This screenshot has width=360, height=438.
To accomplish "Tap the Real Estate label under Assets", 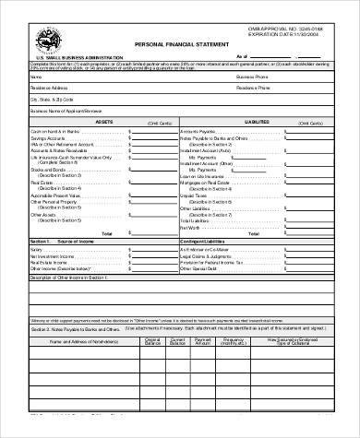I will [x=42, y=183].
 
